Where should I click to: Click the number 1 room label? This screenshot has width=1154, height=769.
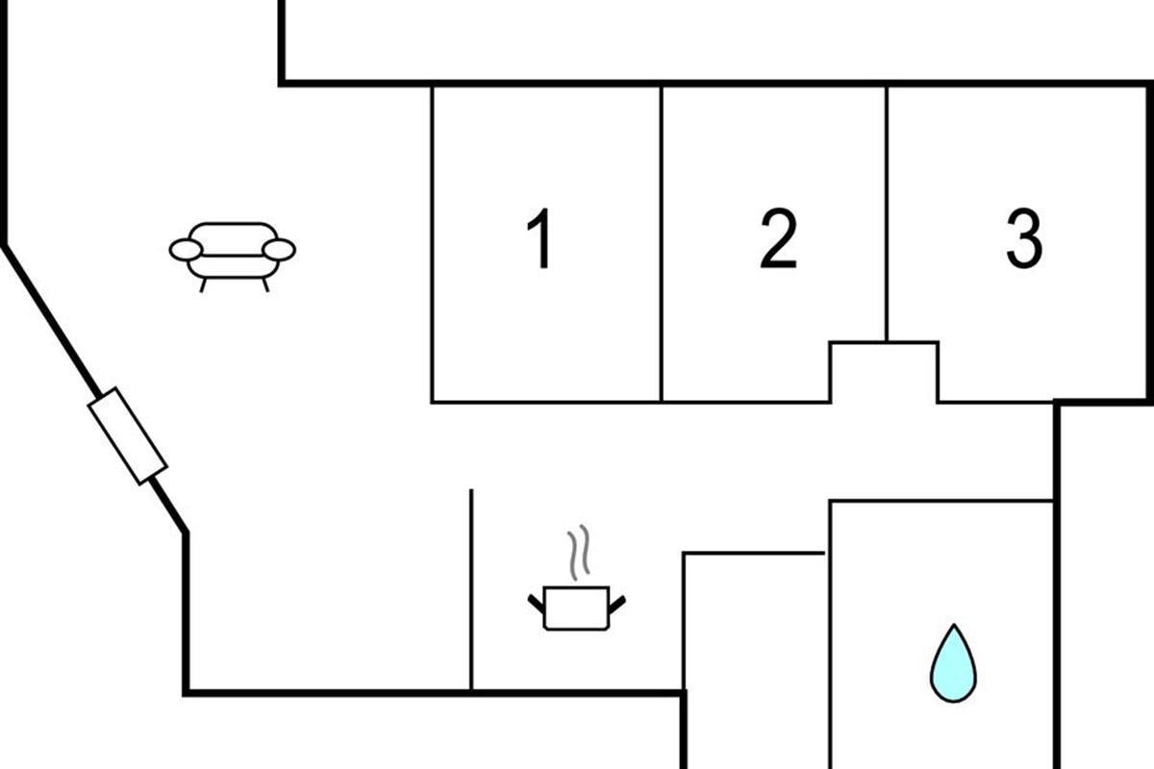[x=542, y=240]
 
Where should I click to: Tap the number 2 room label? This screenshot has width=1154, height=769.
[x=778, y=240]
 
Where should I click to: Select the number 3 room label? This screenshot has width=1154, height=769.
[x=1023, y=240]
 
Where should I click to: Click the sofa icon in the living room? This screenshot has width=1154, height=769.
[x=233, y=253]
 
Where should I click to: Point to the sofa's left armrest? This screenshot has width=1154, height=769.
[x=186, y=251]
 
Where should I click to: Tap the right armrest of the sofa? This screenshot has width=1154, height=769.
[x=279, y=251]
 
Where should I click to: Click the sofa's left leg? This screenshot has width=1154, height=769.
[x=203, y=285]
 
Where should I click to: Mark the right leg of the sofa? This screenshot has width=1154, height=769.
[x=264, y=285]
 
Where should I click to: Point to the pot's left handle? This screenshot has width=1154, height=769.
[x=536, y=604]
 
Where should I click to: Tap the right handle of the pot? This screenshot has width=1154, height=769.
[x=617, y=604]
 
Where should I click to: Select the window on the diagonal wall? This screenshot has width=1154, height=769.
[x=128, y=435]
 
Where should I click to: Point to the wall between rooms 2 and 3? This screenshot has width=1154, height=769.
[x=887, y=211]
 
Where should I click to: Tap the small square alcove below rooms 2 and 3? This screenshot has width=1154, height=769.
[x=884, y=373]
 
